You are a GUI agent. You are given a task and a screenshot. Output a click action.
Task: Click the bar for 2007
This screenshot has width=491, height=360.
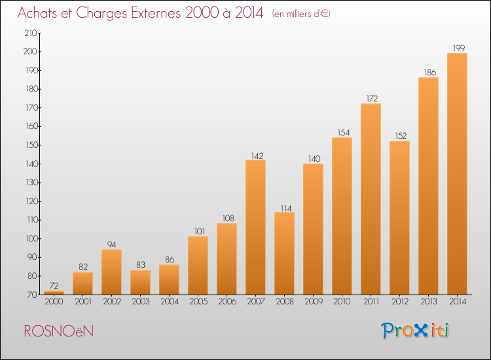(x=255, y=227)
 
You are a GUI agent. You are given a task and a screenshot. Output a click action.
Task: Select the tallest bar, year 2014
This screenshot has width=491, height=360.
(x=457, y=173)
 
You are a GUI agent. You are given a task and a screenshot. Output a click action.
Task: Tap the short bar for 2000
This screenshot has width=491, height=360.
(x=54, y=293)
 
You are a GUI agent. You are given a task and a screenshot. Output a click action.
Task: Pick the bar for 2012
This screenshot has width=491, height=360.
(x=399, y=218)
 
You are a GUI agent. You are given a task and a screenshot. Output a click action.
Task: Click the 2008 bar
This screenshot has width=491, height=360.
(x=284, y=253)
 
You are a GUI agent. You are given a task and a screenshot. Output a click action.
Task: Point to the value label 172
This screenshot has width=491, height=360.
(x=372, y=99)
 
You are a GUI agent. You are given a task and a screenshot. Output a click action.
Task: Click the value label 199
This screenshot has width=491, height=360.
(x=459, y=48)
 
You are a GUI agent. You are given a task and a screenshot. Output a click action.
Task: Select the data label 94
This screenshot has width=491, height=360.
(x=111, y=245)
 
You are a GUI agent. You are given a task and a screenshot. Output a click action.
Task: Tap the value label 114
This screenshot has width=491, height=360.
(x=286, y=209)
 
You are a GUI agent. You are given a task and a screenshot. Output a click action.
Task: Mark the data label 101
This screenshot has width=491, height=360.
(x=200, y=231)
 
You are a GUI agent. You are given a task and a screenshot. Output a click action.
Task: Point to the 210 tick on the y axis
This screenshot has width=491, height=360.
(x=31, y=33)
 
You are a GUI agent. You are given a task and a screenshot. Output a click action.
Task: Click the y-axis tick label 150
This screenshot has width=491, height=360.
(x=32, y=145)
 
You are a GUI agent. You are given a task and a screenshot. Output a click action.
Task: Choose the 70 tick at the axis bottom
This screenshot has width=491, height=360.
(x=33, y=295)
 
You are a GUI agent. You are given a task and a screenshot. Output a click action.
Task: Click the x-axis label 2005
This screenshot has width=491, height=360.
(x=198, y=302)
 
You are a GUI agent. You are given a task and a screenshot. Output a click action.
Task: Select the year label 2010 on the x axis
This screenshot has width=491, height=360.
(x=342, y=302)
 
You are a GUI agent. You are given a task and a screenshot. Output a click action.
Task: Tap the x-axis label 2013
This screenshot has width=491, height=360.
(x=428, y=302)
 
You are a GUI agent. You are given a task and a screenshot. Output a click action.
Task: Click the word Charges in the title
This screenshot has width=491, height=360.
(x=101, y=14)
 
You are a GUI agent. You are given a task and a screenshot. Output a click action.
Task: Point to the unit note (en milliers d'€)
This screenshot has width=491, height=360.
(x=301, y=14)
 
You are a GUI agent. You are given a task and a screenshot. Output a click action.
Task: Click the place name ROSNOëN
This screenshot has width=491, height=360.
(x=59, y=331)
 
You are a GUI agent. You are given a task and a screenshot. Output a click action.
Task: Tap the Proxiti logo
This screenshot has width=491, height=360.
(x=415, y=331)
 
